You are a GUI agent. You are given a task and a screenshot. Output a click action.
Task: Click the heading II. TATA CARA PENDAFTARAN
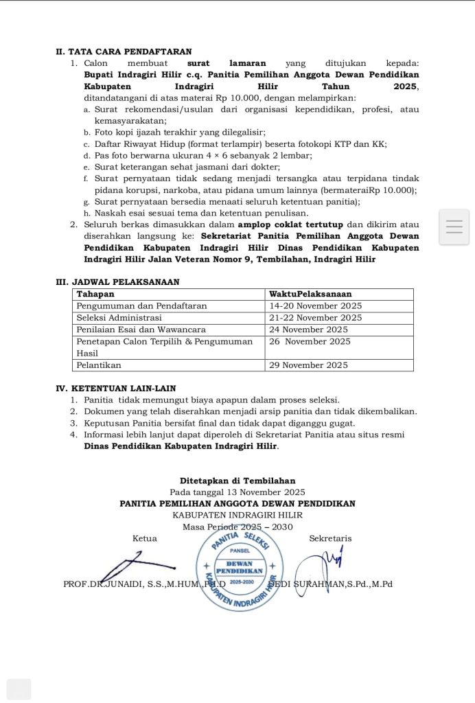click(124, 51)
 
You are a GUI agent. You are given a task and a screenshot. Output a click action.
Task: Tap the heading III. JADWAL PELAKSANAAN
click(117, 281)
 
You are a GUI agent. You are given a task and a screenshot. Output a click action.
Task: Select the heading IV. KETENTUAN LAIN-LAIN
click(116, 388)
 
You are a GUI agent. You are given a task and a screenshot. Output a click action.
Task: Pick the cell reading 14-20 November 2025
click(315, 306)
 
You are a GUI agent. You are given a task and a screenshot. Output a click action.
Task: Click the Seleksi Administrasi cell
click(119, 318)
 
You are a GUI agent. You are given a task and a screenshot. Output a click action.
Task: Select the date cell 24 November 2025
click(308, 330)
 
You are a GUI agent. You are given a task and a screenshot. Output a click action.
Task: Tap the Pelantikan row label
click(99, 365)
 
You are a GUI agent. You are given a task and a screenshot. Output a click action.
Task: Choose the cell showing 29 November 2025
click(308, 365)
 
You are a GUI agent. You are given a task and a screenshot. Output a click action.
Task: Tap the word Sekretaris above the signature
click(330, 538)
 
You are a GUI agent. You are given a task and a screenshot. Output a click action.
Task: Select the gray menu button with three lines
click(454, 227)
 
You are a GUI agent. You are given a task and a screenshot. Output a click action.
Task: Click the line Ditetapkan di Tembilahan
click(237, 481)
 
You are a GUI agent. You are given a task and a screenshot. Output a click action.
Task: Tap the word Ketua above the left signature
click(144, 538)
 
